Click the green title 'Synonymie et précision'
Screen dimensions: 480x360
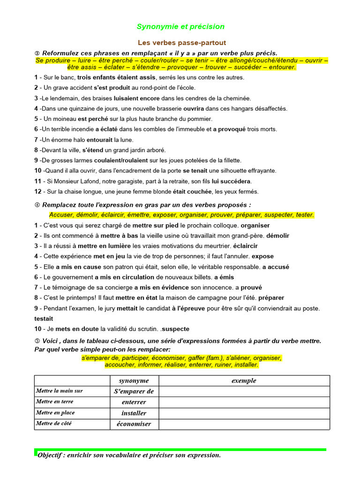point(180,27)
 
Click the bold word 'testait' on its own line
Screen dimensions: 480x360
point(44,318)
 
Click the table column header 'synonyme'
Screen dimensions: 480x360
point(134,381)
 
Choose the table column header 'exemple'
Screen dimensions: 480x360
point(244,381)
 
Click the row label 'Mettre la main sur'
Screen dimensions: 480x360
point(59,391)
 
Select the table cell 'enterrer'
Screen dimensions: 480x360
point(134,402)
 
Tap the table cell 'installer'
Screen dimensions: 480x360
point(134,413)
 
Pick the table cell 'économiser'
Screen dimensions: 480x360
point(134,424)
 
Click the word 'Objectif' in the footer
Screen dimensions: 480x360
point(52,455)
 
